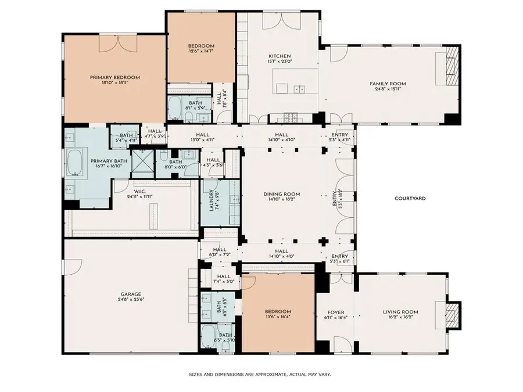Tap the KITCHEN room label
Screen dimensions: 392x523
click(275, 56)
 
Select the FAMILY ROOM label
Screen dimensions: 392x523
click(388, 84)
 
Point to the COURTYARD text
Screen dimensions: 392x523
click(410, 199)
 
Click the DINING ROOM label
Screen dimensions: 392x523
click(281, 195)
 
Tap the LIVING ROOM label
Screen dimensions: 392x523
click(400, 312)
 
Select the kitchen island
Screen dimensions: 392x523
click(296, 81)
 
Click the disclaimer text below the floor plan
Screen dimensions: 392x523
click(261, 375)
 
